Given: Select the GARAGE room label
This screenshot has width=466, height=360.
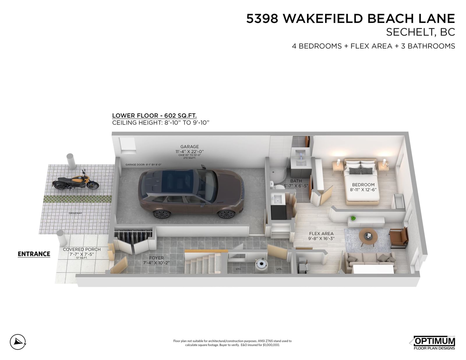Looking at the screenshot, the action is pyautogui.click(x=189, y=147).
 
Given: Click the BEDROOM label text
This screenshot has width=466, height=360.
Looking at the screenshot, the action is pyautogui.click(x=363, y=185).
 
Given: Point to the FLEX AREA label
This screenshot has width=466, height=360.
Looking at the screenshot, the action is pyautogui.click(x=321, y=234).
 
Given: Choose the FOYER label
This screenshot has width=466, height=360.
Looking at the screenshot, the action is pyautogui.click(x=156, y=258).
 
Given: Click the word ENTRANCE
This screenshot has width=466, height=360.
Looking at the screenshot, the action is pyautogui.click(x=34, y=254).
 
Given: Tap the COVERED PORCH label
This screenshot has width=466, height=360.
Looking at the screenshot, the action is pyautogui.click(x=82, y=249).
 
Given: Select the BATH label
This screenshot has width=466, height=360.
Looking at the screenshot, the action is pyautogui.click(x=296, y=181).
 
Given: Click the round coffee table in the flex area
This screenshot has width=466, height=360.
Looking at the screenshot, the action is pyautogui.click(x=368, y=236).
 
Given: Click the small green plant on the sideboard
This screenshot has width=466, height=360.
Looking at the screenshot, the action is pyautogui.click(x=353, y=218).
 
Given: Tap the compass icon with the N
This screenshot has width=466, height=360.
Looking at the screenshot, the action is pyautogui.click(x=18, y=342).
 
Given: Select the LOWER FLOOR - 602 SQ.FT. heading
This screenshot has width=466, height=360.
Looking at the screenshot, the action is pyautogui.click(x=154, y=116).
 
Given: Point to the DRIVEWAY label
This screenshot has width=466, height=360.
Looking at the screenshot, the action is pyautogui.click(x=75, y=213).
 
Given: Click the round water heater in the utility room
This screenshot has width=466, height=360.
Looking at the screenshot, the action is pyautogui.click(x=261, y=265).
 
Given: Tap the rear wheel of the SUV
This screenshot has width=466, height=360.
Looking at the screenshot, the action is pyautogui.click(x=161, y=214).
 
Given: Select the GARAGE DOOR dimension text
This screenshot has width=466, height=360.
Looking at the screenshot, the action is pyautogui.click(x=143, y=164).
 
